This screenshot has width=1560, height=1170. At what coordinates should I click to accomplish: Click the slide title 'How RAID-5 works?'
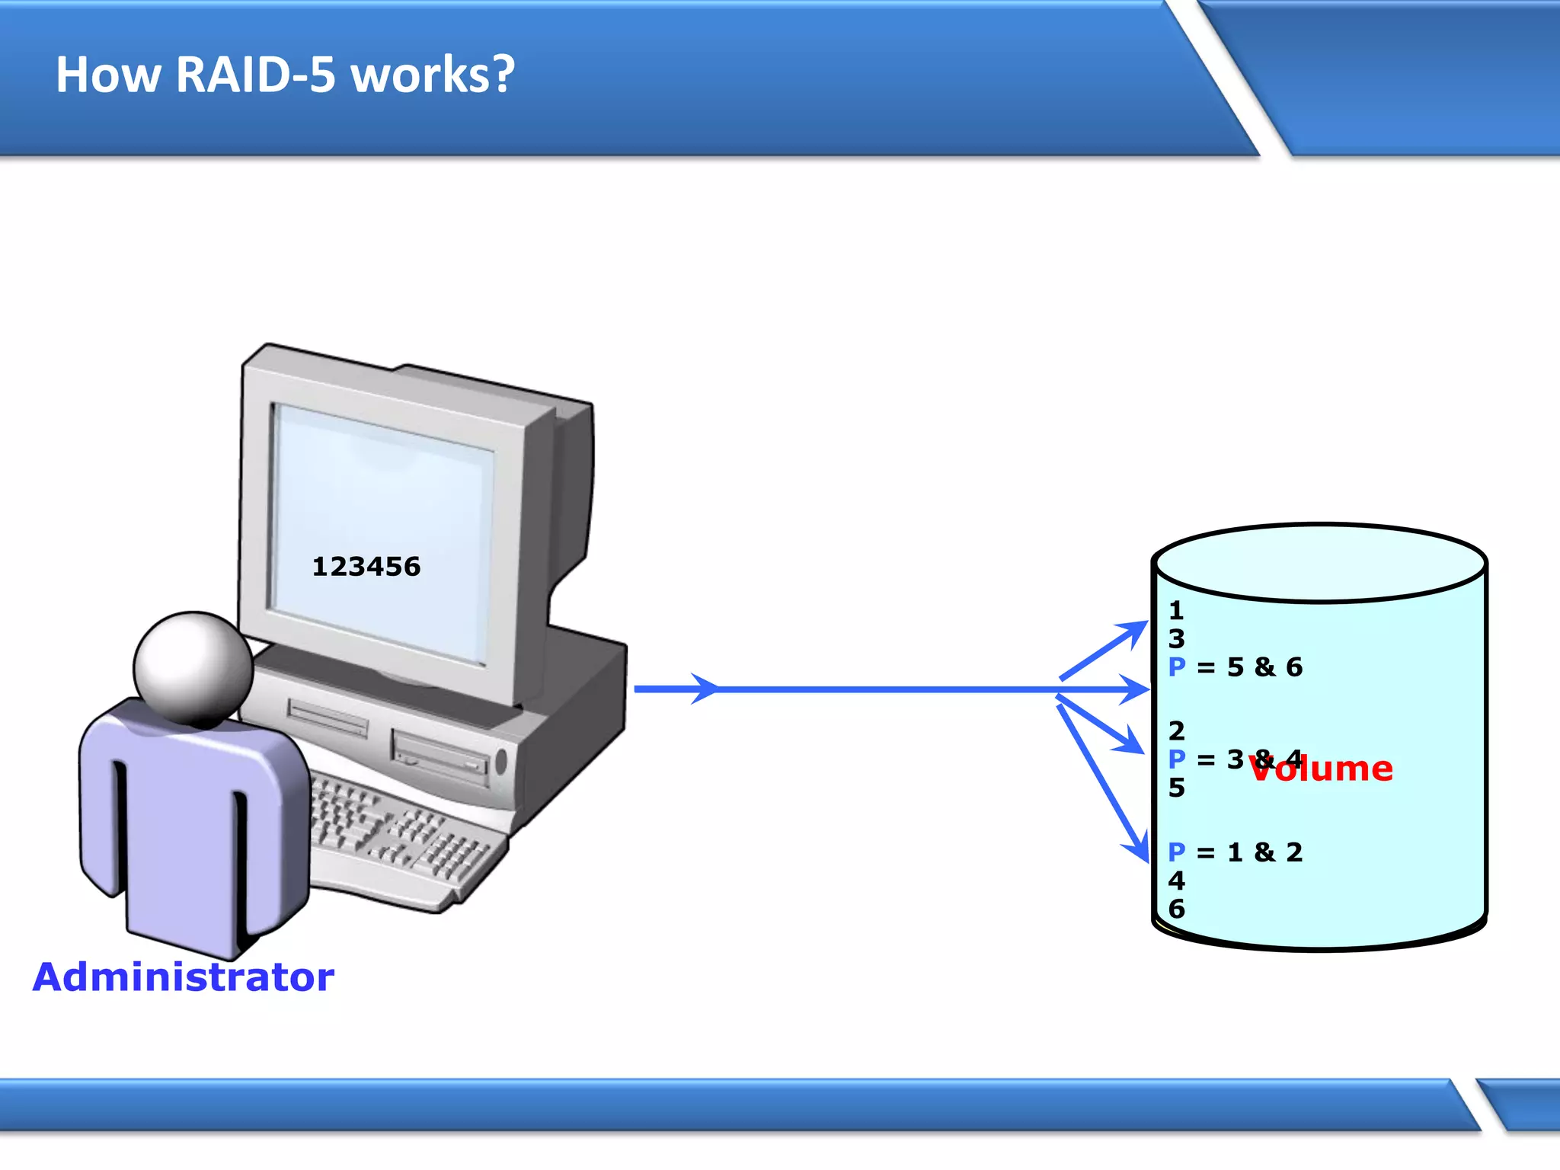(x=286, y=75)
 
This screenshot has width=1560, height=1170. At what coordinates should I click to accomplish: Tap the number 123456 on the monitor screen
(x=366, y=567)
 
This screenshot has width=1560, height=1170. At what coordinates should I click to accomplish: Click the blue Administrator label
(x=184, y=977)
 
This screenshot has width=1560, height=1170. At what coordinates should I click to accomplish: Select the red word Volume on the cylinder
(x=1322, y=769)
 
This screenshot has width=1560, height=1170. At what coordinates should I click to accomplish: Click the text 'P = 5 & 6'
(x=1236, y=667)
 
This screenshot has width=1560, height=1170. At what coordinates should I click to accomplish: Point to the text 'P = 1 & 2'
(x=1236, y=852)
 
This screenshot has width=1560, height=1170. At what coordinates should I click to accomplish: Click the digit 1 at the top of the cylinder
(x=1176, y=610)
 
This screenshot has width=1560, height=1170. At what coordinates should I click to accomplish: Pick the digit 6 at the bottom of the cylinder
(x=1177, y=909)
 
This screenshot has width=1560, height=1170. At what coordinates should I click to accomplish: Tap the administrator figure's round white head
(x=193, y=667)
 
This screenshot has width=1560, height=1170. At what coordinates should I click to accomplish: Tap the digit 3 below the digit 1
(x=1177, y=638)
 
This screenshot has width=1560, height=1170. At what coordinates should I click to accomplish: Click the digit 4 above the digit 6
(x=1177, y=881)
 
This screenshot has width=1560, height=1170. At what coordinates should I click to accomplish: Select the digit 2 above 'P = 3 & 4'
(x=1177, y=730)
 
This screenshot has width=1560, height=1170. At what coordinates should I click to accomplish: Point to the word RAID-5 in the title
(x=256, y=75)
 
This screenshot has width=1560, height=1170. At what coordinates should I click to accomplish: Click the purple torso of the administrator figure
(x=183, y=823)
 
